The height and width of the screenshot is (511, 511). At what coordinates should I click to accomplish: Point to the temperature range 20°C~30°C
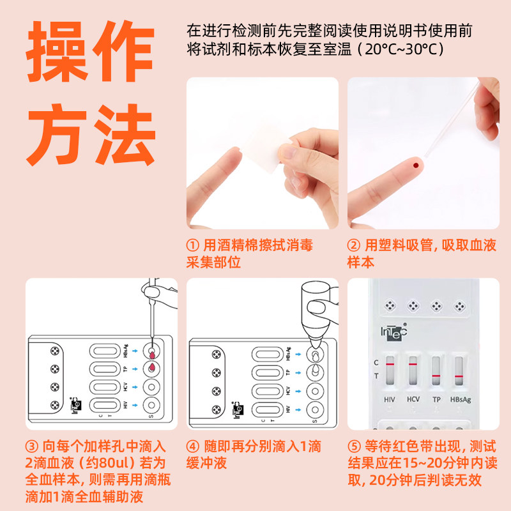[403, 49]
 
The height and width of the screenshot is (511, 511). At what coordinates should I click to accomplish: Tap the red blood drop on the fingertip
[416, 166]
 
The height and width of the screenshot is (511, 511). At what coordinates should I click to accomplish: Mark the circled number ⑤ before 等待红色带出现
[355, 446]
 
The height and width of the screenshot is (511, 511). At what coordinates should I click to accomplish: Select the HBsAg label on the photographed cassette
[459, 399]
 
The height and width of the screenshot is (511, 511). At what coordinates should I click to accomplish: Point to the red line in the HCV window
[413, 363]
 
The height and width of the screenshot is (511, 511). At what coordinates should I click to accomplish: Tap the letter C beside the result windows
[376, 363]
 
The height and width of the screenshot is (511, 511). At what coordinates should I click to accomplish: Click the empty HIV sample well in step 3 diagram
[152, 405]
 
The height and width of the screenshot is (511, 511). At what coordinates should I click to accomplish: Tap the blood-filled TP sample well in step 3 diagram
[152, 368]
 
